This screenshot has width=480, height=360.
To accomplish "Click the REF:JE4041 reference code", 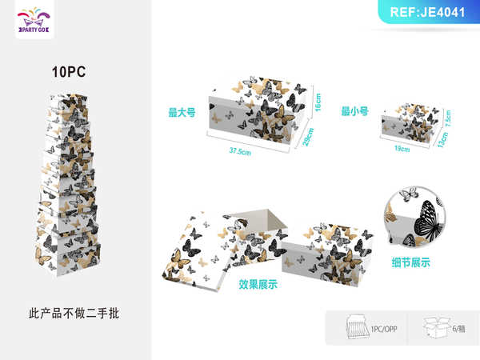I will pyautogui.click(x=429, y=12).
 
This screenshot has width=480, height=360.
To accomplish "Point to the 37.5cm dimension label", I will pyautogui.click(x=239, y=150).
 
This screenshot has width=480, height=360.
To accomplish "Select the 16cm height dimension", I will pyautogui.click(x=317, y=102).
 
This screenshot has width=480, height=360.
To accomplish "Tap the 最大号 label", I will pyautogui.click(x=182, y=113).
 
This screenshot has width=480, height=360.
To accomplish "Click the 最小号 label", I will pyautogui.click(x=354, y=112).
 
